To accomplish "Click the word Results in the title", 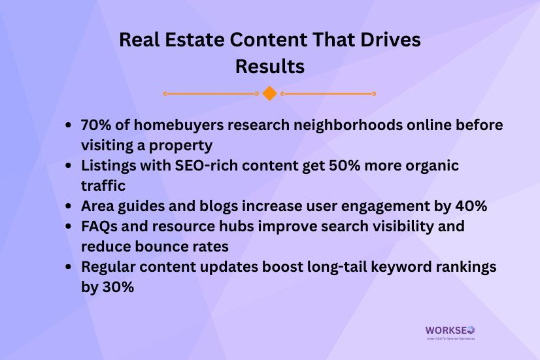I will (269, 67).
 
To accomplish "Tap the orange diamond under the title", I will (269, 93).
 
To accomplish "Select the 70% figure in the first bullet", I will (95, 124).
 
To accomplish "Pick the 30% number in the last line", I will (117, 287).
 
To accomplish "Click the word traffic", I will (103, 186).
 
